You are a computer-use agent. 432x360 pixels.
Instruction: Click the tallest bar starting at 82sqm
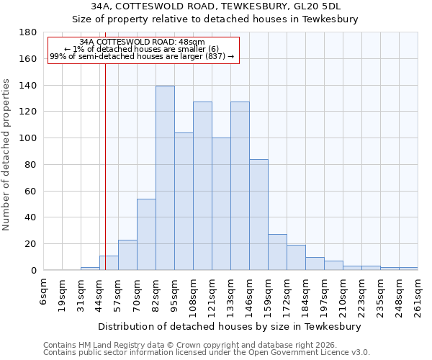click(165, 178)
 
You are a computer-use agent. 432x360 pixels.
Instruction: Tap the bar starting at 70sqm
click(146, 234)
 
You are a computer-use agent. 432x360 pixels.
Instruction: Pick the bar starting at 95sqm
click(184, 201)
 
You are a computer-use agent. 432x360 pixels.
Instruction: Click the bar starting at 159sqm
click(277, 252)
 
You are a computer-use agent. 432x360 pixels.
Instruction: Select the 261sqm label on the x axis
click(418, 294)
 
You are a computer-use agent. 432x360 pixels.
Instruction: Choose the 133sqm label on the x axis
click(231, 294)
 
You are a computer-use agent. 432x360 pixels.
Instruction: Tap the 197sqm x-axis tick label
click(325, 294)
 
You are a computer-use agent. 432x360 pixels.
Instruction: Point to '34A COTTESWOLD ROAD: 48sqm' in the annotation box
click(142, 42)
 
